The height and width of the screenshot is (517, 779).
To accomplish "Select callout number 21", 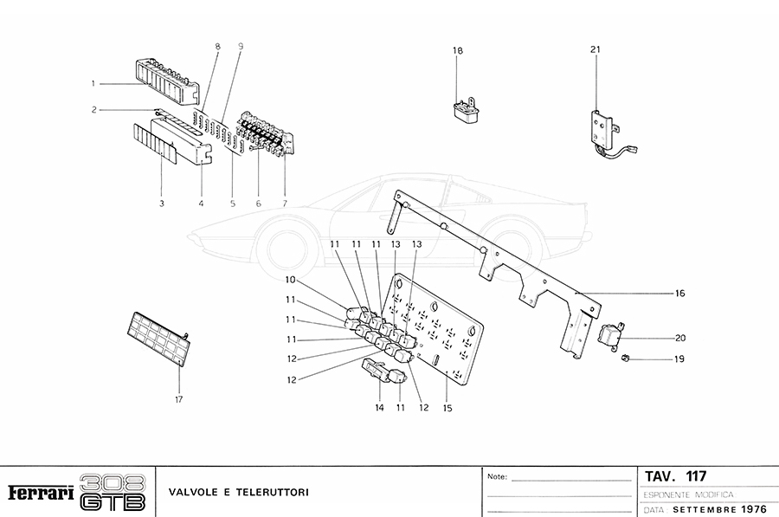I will [x=596, y=49].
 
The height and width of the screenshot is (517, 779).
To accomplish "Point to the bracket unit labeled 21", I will [x=602, y=129].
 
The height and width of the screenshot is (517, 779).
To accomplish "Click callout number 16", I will [x=680, y=294].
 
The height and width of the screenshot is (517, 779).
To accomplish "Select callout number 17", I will [x=179, y=399].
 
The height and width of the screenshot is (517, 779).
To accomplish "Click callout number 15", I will [x=447, y=407].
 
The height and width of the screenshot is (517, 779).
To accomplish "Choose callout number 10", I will [x=291, y=280].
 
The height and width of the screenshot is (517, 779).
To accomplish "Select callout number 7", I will [x=285, y=204].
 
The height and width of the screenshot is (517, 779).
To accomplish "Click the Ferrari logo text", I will [x=40, y=493].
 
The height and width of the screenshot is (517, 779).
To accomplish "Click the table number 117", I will [x=696, y=476].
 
